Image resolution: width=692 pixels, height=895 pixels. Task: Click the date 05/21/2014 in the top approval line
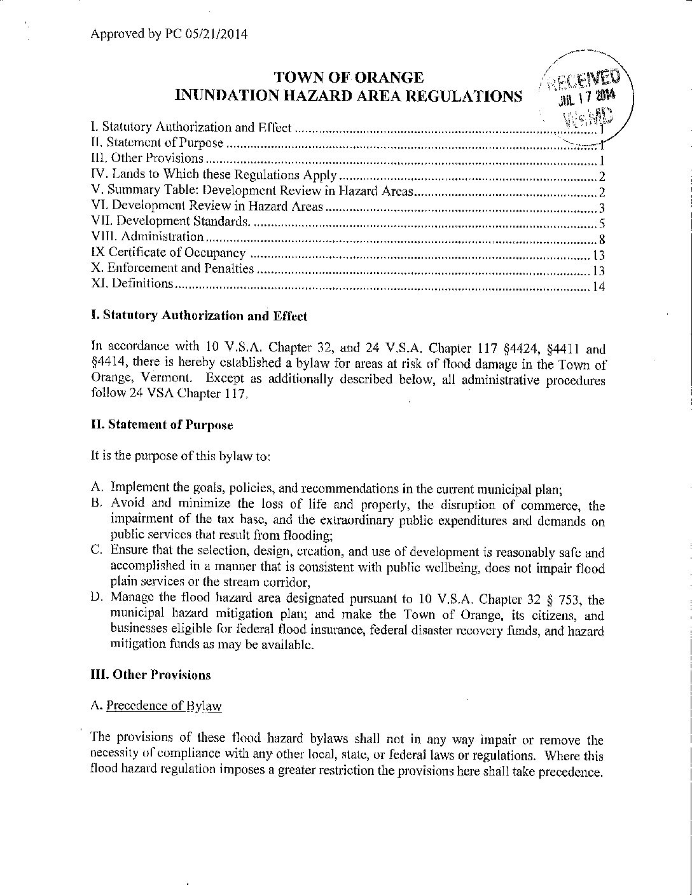[x=216, y=34]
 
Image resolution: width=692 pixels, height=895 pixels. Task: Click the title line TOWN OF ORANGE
[x=349, y=78]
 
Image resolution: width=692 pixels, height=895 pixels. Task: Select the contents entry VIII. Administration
[x=148, y=237]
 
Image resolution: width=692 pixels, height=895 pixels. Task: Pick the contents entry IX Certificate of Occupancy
[x=169, y=253]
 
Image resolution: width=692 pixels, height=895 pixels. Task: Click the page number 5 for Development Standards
[x=601, y=224]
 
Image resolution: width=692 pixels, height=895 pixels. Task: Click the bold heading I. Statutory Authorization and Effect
[x=199, y=316]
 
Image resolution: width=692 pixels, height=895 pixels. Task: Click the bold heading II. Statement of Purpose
[x=162, y=425]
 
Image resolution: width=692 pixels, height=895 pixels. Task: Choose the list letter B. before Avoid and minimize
[x=97, y=504]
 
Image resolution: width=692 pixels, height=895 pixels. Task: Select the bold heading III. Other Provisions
[x=151, y=675]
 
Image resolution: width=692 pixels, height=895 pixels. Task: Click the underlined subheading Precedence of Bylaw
[x=164, y=706]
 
